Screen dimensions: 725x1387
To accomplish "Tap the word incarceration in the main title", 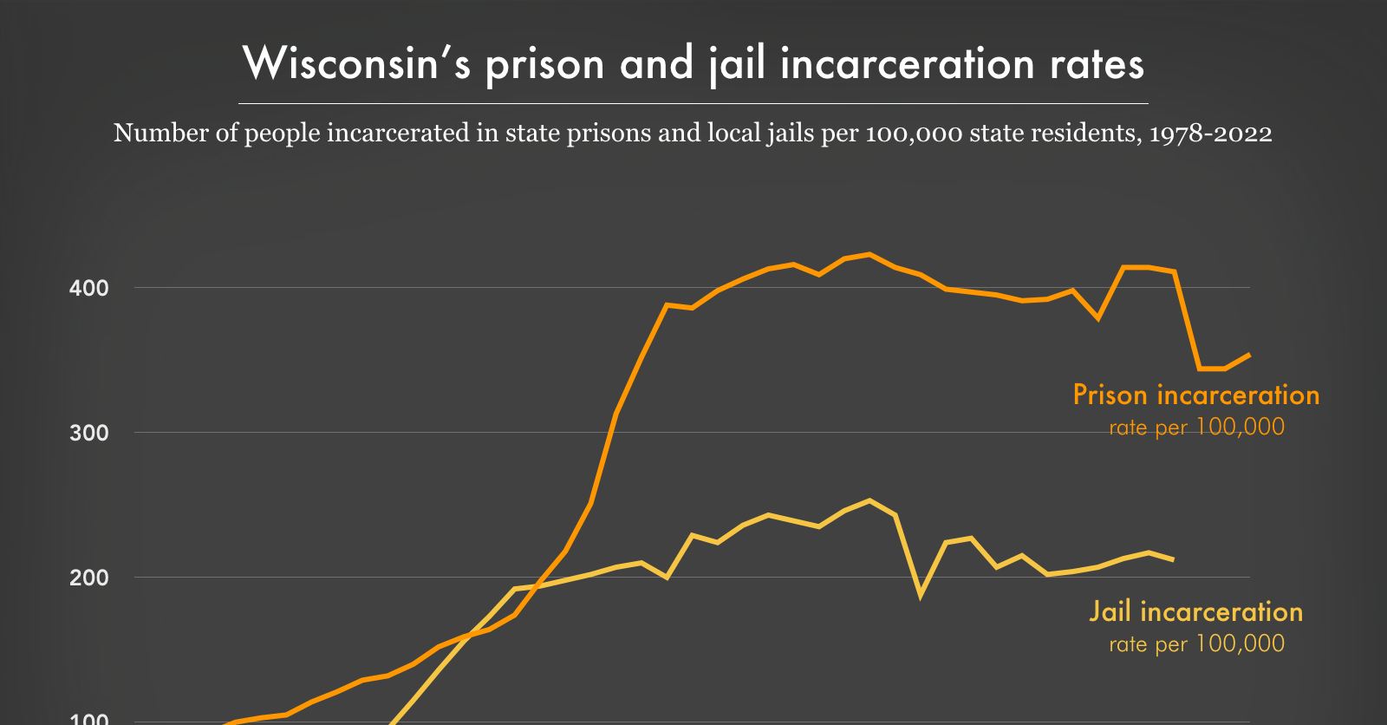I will tap(908, 64).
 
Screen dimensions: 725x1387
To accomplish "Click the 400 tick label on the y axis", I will tap(89, 288).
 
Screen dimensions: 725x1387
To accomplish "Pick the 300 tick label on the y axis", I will tap(89, 433).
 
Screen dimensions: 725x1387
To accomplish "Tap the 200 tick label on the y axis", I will tap(89, 578).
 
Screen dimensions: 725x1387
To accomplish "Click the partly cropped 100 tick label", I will tap(89, 719).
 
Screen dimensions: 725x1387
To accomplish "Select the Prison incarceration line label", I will tap(1196, 395).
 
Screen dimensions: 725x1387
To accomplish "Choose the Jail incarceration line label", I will tap(1196, 612).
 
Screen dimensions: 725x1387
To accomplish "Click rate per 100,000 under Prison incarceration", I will tap(1196, 428).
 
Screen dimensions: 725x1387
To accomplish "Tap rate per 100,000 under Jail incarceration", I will tap(1196, 644).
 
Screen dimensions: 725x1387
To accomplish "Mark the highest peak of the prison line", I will tap(869, 254).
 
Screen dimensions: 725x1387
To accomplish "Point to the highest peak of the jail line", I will tap(869, 500).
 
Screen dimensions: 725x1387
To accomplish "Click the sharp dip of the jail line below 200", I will tap(921, 595).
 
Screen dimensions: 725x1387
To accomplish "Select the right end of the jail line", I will tap(1173, 559).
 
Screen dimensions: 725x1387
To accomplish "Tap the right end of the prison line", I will tap(1249, 354).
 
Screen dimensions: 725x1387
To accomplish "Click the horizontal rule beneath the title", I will tap(693, 103).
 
